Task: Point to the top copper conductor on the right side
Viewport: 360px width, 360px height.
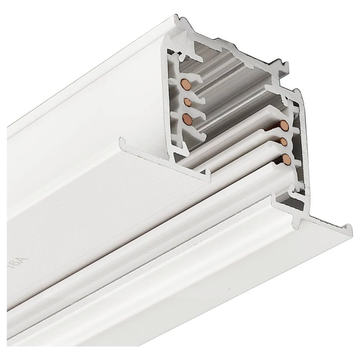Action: pyautogui.click(x=284, y=126)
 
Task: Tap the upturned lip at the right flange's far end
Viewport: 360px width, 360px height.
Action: pyautogui.click(x=348, y=228)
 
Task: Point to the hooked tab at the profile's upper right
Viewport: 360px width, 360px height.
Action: pyautogui.click(x=284, y=66)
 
